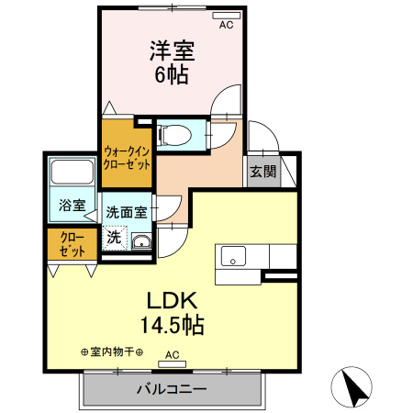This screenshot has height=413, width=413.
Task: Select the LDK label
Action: tap(171, 302)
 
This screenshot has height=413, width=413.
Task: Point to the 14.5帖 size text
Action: tap(171, 325)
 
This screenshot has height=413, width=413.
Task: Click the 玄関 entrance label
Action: tap(259, 171)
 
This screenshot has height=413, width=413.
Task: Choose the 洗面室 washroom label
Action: tap(126, 212)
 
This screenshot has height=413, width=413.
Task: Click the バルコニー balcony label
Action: tap(172, 389)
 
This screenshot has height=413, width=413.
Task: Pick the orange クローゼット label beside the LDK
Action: tap(73, 244)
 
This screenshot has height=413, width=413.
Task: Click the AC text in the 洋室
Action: tap(226, 26)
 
